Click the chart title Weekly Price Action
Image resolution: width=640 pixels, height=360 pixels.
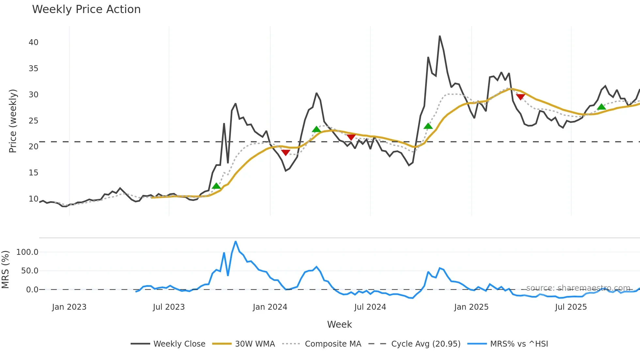[x=86, y=9]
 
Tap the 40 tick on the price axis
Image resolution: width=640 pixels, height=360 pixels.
[x=33, y=42]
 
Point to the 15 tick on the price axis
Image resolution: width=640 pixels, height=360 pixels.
[x=33, y=173]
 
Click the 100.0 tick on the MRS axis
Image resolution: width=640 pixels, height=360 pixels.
[x=27, y=252]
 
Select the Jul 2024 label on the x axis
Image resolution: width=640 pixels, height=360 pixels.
[x=370, y=307]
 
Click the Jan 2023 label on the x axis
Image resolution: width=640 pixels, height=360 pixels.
[x=69, y=307]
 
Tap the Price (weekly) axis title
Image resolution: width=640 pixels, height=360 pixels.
[x=13, y=121]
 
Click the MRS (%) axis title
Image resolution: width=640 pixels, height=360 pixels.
[x=6, y=270]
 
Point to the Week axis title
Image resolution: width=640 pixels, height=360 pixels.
[x=339, y=324]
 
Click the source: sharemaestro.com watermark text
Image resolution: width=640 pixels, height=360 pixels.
[x=578, y=288]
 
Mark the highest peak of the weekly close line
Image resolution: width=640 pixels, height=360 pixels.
[x=440, y=36]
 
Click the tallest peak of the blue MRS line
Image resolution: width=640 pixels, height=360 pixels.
[x=235, y=241]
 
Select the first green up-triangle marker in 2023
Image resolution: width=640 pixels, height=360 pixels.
[x=216, y=186]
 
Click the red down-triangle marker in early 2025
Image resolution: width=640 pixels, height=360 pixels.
[x=520, y=97]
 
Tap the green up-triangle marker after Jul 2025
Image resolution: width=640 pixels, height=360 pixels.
[x=601, y=107]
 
